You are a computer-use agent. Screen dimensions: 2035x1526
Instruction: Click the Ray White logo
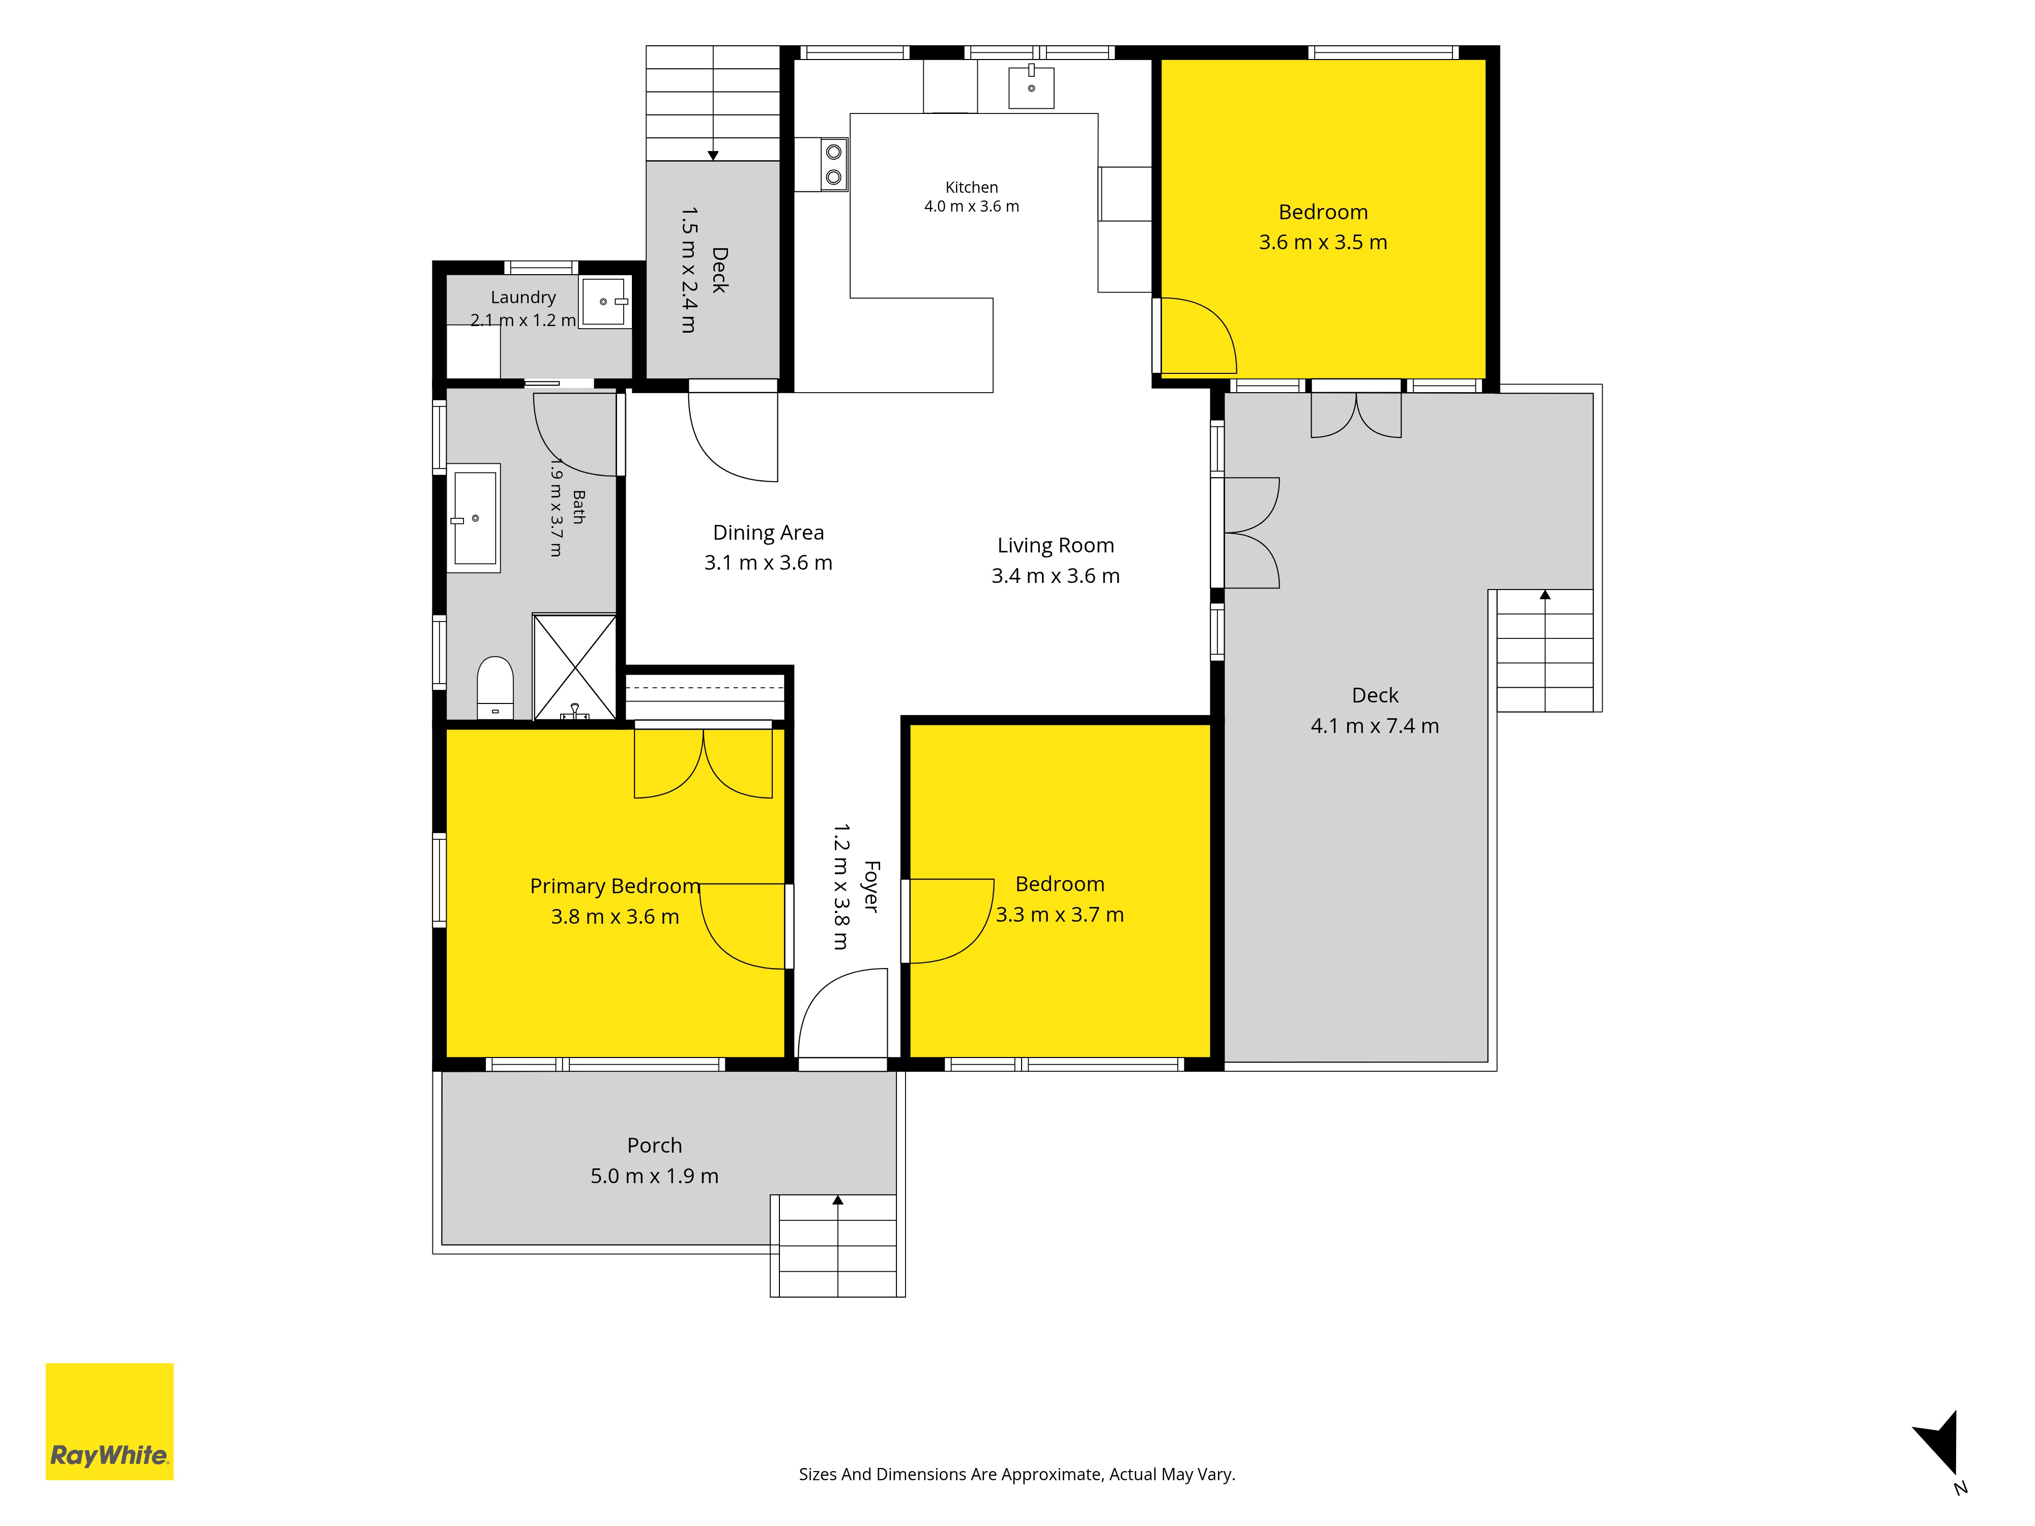pyautogui.click(x=109, y=1421)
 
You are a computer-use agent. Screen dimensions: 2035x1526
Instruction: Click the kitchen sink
pyautogui.click(x=1031, y=86)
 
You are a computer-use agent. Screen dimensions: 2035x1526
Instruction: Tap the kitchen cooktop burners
pyautogui.click(x=833, y=164)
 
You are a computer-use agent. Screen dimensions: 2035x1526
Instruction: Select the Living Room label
pyautogui.click(x=1055, y=545)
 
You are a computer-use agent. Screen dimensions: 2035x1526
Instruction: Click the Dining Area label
pyautogui.click(x=768, y=533)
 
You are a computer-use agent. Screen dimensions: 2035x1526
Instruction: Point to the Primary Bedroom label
pyautogui.click(x=615, y=886)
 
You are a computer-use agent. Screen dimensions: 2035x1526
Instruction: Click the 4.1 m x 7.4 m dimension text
pyautogui.click(x=1375, y=726)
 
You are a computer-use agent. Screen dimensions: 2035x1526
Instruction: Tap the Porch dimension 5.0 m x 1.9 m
pyautogui.click(x=654, y=1176)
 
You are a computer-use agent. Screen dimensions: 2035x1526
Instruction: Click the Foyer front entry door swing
pyautogui.click(x=842, y=1013)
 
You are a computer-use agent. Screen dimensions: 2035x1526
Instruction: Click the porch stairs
pyautogui.click(x=837, y=1245)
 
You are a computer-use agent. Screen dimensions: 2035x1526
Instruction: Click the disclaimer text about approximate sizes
pyautogui.click(x=1016, y=1475)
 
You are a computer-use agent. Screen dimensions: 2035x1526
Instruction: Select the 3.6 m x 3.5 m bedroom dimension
pyautogui.click(x=1323, y=242)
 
